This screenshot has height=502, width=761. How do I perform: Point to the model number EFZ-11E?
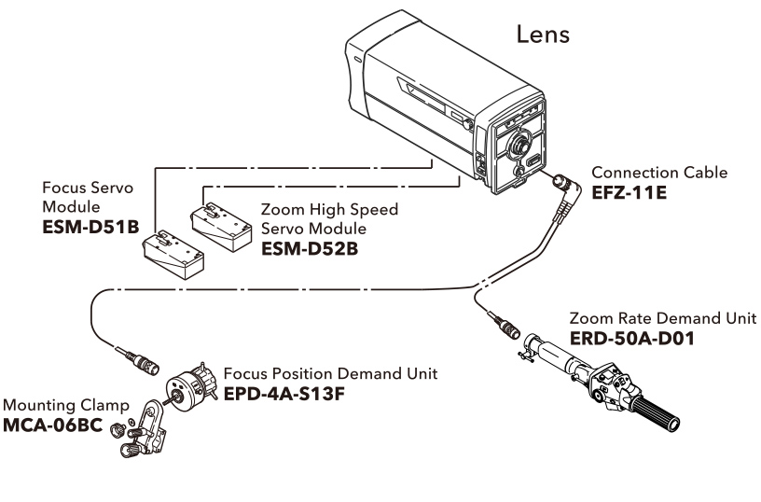[630, 192]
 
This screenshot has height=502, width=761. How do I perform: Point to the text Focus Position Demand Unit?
[330, 375]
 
